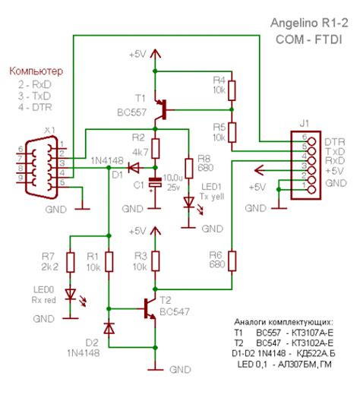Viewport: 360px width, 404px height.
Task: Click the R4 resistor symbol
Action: point(232,90)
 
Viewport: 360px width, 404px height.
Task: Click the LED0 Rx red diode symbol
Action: point(70,293)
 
